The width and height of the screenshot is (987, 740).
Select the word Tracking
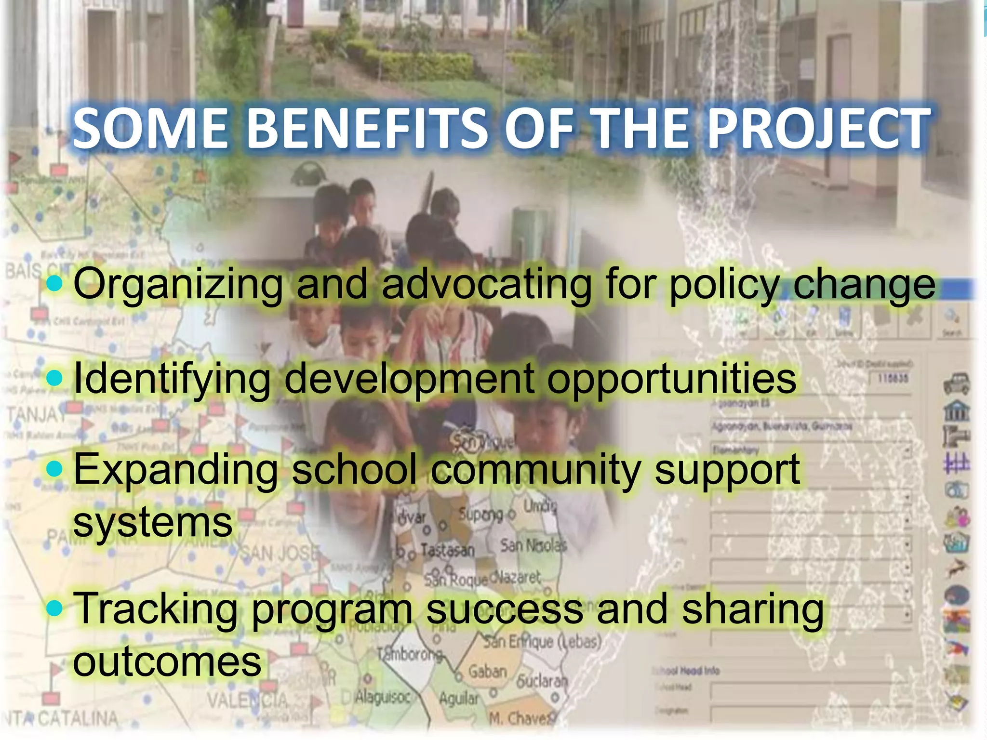(157, 609)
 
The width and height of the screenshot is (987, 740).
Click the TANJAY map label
(36, 413)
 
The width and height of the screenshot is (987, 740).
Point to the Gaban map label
(487, 671)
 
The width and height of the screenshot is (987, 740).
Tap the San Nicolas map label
(533, 546)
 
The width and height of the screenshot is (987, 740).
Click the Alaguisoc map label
(383, 697)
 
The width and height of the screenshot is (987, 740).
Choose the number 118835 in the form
(893, 379)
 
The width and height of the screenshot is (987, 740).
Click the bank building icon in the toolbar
(956, 412)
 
